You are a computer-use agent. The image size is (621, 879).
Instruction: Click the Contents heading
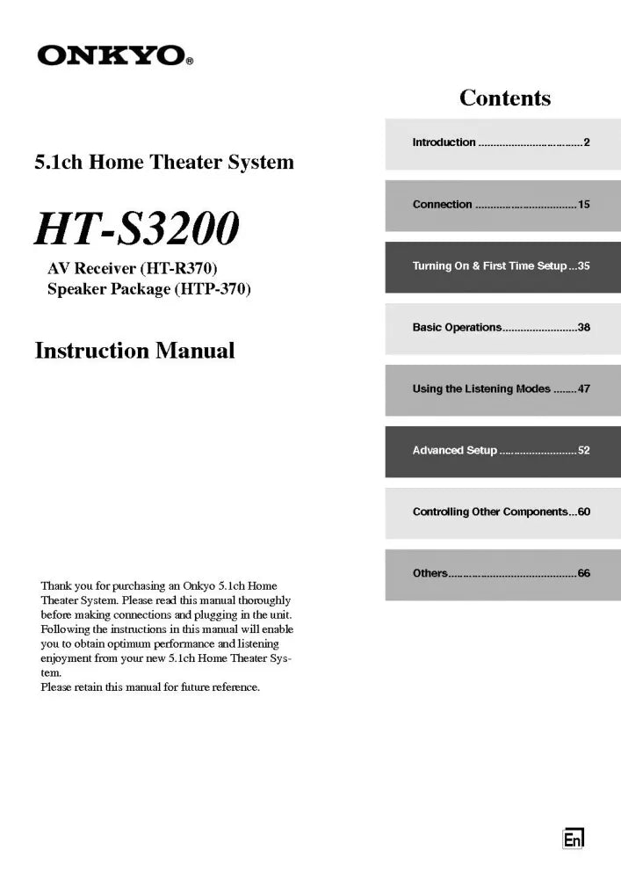(505, 98)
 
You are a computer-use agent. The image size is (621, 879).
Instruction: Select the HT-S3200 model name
(136, 229)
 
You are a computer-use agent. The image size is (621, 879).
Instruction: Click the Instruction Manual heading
(134, 351)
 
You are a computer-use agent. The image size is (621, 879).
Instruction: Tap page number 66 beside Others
(584, 574)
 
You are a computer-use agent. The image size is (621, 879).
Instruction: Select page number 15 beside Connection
(584, 205)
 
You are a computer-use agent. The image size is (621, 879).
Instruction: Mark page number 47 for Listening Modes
(584, 389)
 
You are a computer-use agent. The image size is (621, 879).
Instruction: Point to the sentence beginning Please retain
(150, 687)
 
